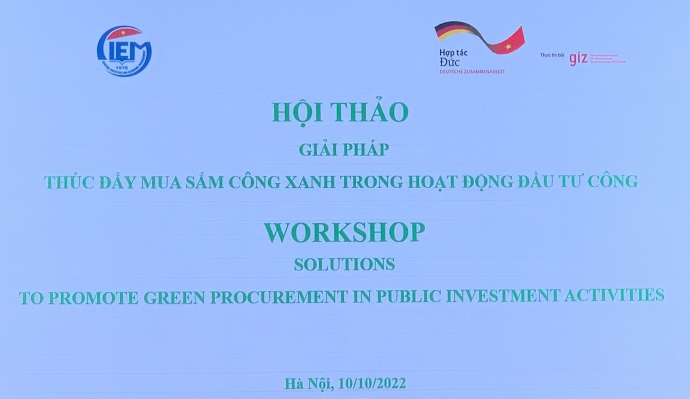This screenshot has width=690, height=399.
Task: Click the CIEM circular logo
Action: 125,51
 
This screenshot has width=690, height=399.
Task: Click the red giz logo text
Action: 578,59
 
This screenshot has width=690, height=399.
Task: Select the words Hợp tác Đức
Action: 452,58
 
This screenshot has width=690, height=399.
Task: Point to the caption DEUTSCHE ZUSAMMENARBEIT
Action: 472,72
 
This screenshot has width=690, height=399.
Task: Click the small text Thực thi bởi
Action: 552,55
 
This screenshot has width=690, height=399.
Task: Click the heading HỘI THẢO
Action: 340,112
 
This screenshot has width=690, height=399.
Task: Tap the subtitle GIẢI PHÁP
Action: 343,150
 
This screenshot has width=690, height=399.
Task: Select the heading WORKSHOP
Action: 344,232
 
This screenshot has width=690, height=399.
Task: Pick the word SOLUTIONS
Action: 344,264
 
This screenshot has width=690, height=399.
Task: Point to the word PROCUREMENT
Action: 279,297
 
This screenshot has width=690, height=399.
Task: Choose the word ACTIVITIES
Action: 614,295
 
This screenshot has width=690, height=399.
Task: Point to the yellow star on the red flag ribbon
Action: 508,47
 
